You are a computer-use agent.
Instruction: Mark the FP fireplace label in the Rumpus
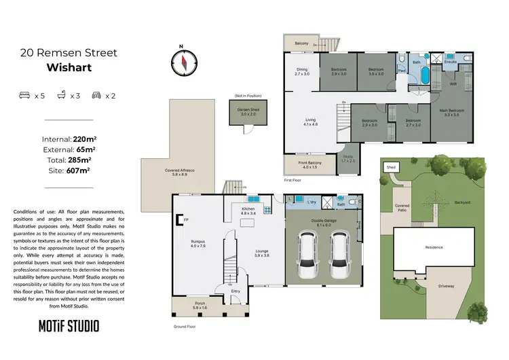pos(185,219)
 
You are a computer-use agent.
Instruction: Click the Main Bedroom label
pos(451,112)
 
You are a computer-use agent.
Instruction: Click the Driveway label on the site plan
pos(446,286)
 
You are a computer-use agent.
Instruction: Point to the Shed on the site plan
pos(391,166)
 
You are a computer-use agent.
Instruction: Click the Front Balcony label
pos(310,164)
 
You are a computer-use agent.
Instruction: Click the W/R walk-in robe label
pos(453,84)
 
